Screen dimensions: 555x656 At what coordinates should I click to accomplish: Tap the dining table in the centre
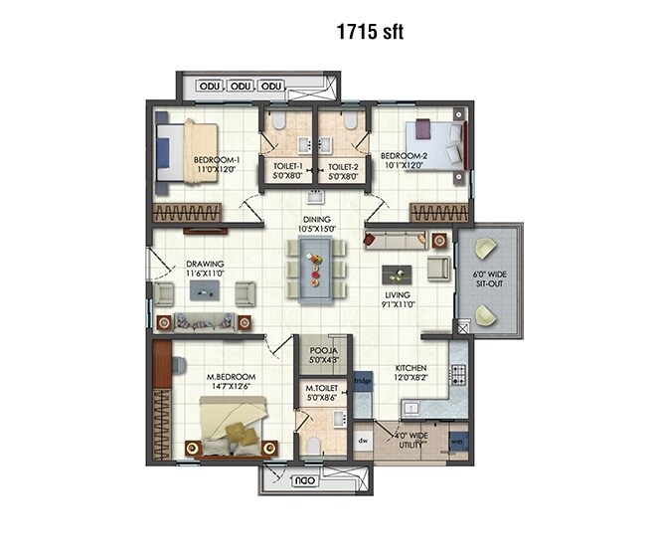(x=315, y=268)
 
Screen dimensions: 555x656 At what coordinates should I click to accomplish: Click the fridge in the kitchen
(x=363, y=380)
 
